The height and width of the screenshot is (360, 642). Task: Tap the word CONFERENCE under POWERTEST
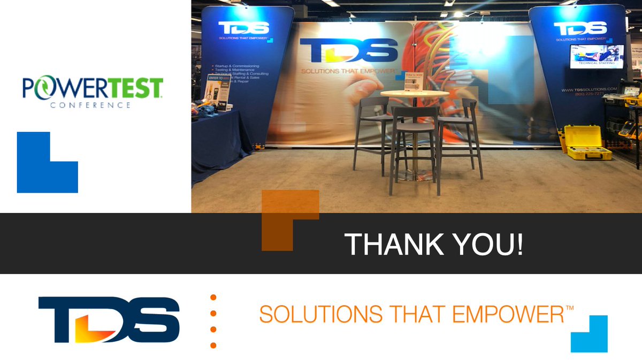pos(90,105)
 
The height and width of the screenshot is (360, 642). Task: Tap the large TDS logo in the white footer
pos(109,319)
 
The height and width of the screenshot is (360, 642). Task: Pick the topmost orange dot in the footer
pos(213,297)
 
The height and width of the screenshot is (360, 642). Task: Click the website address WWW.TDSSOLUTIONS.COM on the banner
pos(589,89)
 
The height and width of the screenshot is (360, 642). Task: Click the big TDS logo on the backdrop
pos(349,50)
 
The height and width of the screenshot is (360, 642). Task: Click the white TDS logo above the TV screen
pos(580,28)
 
